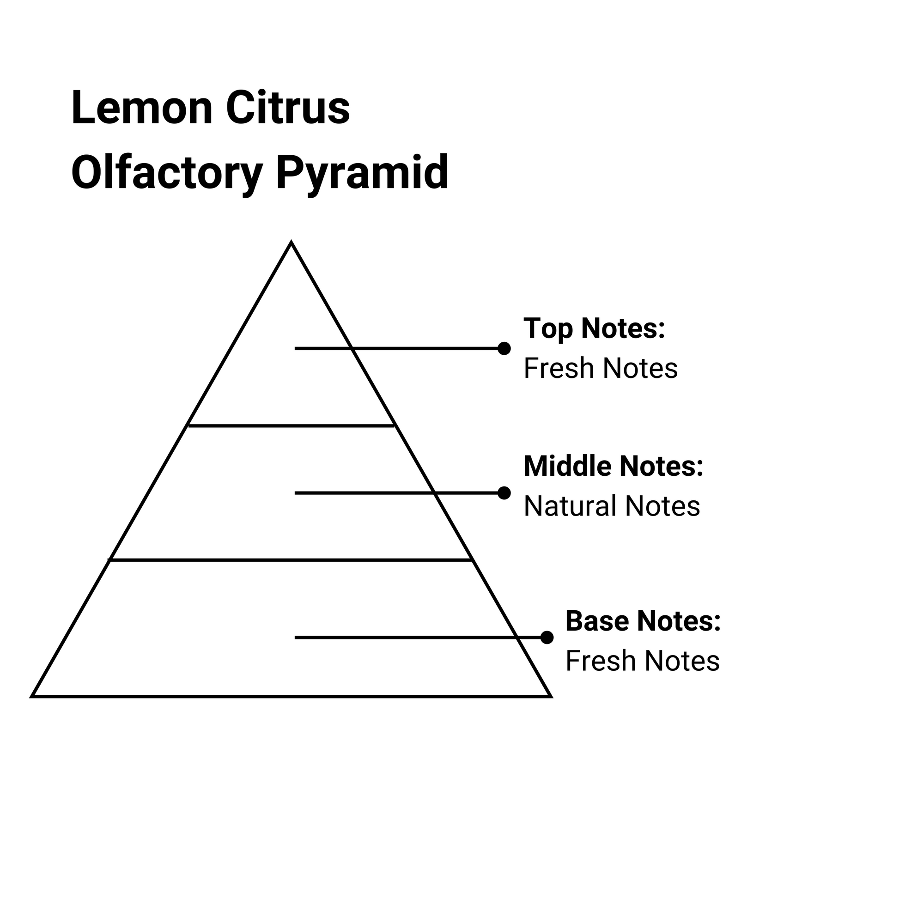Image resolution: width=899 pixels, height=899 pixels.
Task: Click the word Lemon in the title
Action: [142, 108]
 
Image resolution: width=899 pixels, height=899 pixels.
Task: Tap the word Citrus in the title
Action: [288, 108]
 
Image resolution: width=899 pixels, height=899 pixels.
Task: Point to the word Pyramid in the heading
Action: [362, 173]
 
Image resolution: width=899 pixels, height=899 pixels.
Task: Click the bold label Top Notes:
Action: [594, 328]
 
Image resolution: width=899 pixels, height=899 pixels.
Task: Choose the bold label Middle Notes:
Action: [614, 466]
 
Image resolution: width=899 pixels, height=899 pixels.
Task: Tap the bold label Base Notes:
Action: [643, 620]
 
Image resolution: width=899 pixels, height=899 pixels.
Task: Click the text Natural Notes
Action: [612, 506]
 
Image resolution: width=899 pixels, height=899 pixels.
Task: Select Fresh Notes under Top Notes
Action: [601, 368]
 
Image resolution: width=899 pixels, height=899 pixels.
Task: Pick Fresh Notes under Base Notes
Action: [643, 661]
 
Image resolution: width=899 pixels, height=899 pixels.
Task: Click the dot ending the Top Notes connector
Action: [504, 348]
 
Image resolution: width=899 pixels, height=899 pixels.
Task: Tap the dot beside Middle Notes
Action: [504, 493]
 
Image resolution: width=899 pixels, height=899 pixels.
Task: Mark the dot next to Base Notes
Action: [547, 638]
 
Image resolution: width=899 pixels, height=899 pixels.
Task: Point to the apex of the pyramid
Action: [292, 242]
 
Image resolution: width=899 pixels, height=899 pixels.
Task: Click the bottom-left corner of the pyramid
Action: [31, 697]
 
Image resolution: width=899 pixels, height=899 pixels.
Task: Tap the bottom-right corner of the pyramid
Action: [552, 697]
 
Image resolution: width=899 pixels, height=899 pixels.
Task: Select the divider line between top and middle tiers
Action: [292, 425]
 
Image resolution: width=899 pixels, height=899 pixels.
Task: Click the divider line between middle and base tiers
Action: [291, 560]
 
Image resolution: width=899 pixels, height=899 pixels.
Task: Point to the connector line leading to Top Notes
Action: [396, 348]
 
